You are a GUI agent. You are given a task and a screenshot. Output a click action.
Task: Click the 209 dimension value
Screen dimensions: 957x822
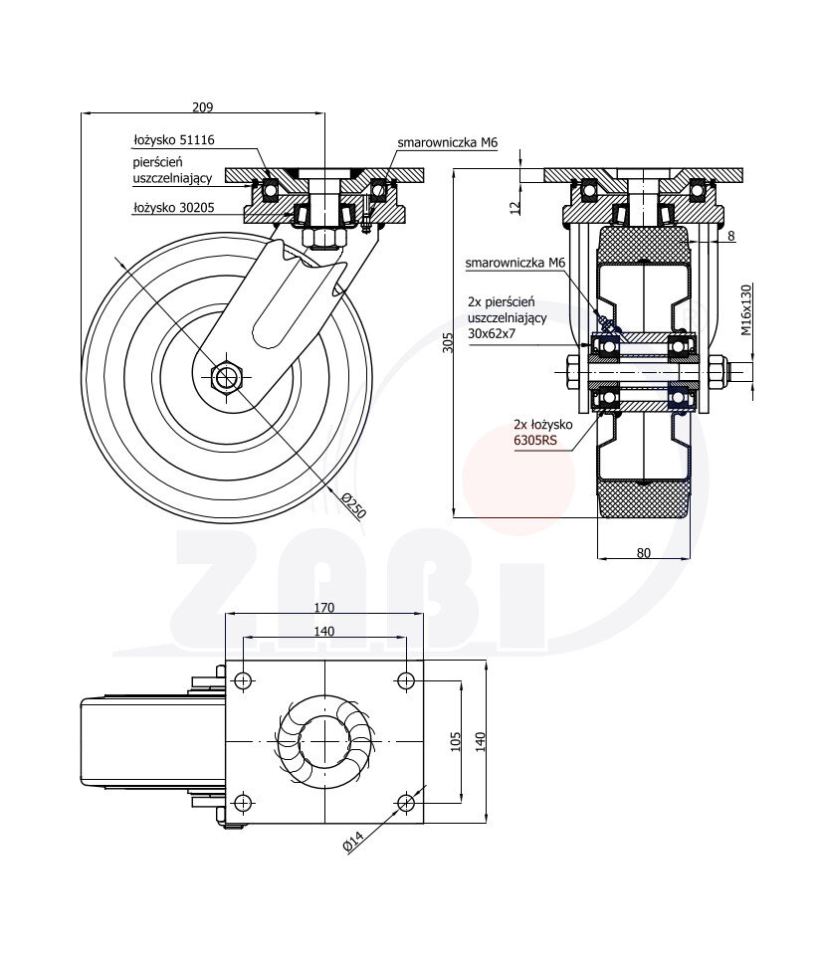click(202, 106)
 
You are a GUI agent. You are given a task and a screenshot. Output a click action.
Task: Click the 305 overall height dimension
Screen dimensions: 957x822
click(448, 342)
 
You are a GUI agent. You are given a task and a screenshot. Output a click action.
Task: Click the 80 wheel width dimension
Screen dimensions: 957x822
click(643, 553)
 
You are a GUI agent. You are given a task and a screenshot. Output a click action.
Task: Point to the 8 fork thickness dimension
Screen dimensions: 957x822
click(730, 236)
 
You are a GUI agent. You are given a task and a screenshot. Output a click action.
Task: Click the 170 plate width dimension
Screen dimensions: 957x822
click(324, 607)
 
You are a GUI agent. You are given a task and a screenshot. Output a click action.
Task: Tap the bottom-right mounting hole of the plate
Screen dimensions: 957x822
click(406, 803)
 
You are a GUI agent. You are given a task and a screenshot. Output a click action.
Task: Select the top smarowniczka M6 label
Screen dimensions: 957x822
click(447, 143)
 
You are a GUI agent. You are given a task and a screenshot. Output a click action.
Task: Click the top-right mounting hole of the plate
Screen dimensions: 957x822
click(406, 681)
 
